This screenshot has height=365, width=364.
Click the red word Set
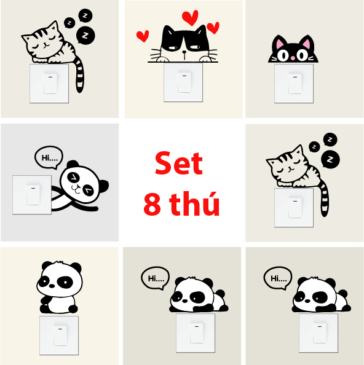coord(179,163)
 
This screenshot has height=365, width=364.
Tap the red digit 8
coord(152,204)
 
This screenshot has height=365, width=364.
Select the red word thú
coord(194,203)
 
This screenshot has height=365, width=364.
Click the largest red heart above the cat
coord(190,17)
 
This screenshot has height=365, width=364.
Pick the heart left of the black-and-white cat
coord(143,36)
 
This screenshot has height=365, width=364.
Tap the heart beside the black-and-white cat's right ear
coord(213,28)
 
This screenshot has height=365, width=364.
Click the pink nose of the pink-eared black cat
coord(293,58)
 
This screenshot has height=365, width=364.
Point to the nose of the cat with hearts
coord(184,52)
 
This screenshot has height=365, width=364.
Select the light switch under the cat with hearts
coord(183,82)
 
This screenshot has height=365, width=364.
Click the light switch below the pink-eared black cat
coord(294,84)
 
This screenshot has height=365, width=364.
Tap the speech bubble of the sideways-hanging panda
coord(49,157)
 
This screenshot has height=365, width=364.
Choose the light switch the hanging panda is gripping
coord(32,195)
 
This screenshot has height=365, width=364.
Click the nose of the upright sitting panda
coord(52,286)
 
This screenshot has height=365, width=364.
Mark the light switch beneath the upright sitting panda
coord(59,336)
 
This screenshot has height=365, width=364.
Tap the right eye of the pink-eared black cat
coord(302,55)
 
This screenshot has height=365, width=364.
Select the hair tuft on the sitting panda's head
coord(60,262)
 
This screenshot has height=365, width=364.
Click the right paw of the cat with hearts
coord(205,59)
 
